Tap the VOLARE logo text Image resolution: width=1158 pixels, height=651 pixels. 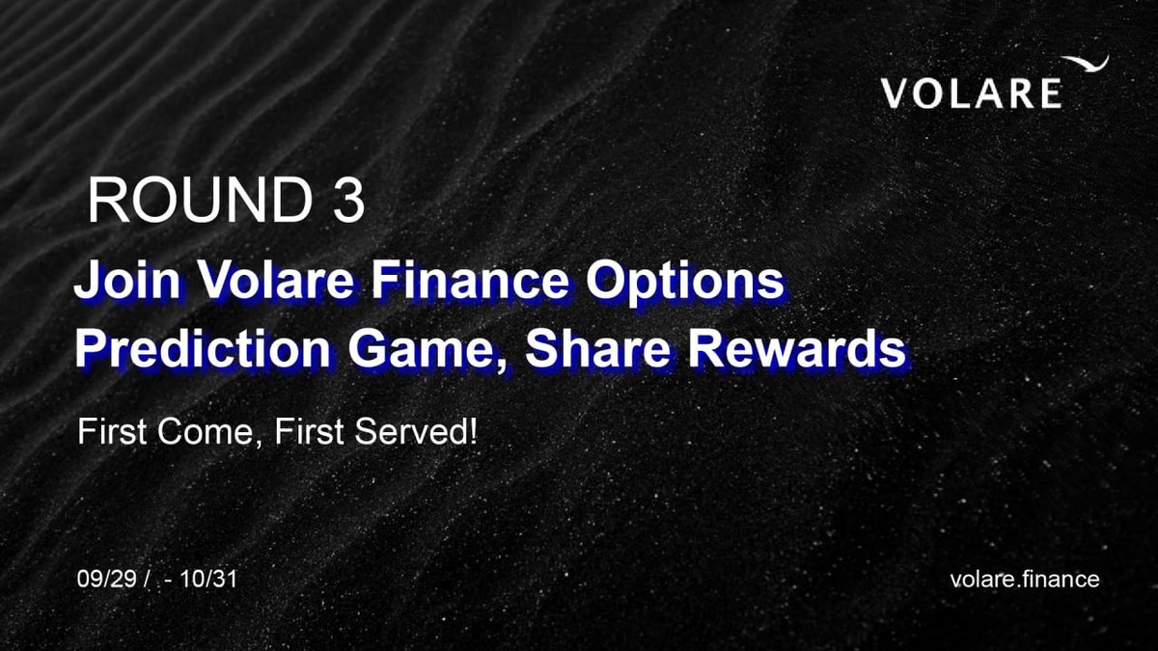971,94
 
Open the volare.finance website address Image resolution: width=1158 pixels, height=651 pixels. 1025,580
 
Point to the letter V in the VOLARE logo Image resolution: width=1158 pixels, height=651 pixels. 896,94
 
